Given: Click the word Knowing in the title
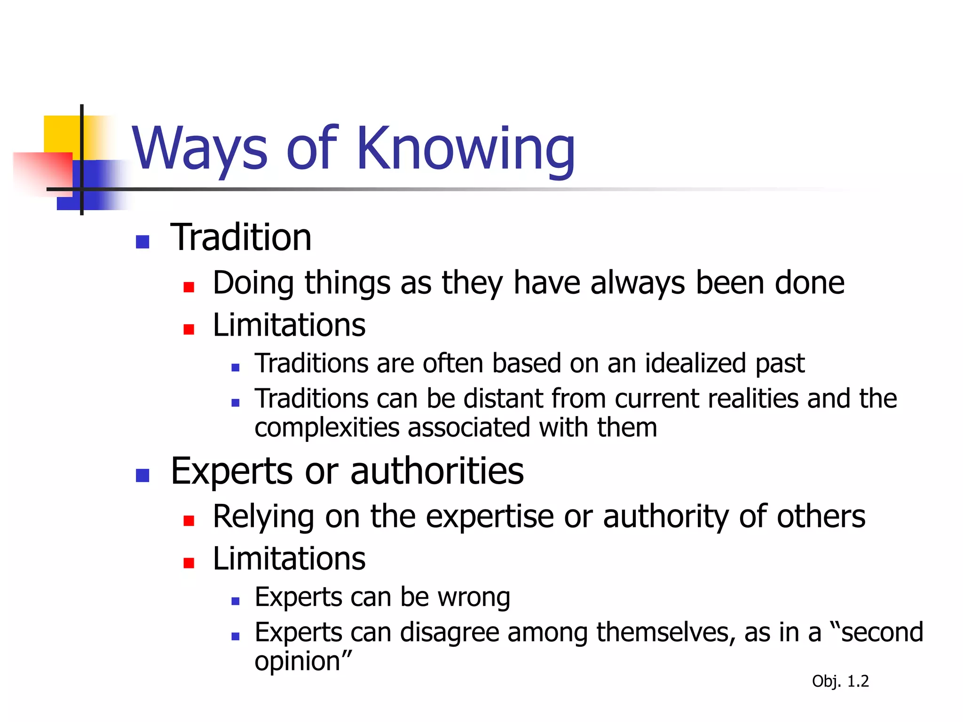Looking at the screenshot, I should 466,149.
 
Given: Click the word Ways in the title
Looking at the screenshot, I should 200,149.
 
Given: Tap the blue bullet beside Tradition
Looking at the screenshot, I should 142,242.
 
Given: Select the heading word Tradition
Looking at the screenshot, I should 241,238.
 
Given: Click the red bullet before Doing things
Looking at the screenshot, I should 189,287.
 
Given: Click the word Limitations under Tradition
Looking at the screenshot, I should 289,325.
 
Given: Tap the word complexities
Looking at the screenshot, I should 327,428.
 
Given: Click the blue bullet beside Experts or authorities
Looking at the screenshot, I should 142,475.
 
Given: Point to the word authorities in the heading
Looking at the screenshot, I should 437,471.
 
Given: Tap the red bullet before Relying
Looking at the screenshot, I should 189,520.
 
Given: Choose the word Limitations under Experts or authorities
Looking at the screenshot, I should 289,559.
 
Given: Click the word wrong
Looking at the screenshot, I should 474,597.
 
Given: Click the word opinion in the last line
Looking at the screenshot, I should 298,661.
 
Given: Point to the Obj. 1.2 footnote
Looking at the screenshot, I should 840,681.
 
